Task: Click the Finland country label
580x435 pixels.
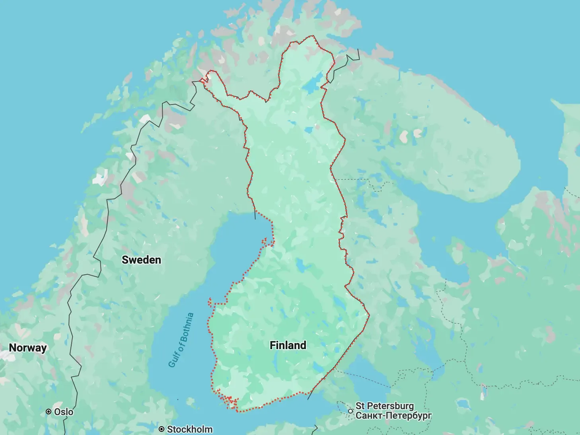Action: [x=288, y=345]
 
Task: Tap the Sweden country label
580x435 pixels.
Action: [x=141, y=260]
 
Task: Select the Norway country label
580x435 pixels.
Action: [x=28, y=348]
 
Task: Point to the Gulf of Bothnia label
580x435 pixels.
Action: [x=181, y=340]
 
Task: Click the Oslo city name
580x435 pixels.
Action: [x=64, y=412]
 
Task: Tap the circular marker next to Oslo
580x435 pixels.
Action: [x=49, y=412]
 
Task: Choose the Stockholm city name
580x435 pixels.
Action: [x=190, y=429]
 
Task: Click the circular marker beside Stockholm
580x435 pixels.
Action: [x=162, y=429]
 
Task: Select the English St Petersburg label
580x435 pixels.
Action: [x=385, y=406]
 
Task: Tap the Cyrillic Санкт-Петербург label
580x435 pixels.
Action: [x=393, y=416]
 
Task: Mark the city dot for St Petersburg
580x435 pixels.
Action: [x=350, y=411]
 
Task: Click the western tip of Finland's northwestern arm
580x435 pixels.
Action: [x=202, y=81]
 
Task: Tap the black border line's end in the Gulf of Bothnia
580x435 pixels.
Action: [x=255, y=219]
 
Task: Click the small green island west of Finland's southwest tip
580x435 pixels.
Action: [x=177, y=399]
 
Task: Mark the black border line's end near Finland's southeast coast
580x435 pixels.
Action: [x=308, y=399]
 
